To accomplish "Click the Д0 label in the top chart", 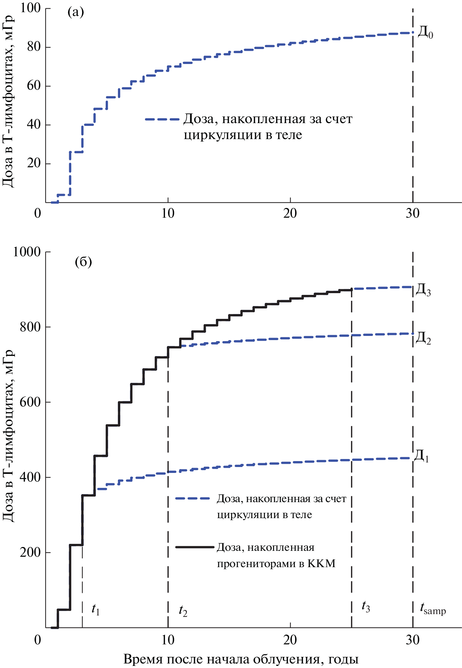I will point(425,33).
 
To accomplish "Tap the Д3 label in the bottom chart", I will point(423,290).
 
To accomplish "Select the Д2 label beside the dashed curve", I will point(423,338).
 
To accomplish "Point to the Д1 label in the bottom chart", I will point(421,456).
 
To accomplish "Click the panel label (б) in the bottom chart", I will point(83,262).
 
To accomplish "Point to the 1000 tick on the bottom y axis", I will point(27,252).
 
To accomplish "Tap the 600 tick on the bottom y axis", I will point(30,402).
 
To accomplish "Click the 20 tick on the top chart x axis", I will point(290,213).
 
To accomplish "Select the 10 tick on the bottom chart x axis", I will point(168,640).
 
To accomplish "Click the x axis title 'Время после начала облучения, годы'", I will point(241,659).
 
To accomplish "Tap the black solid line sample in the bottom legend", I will point(194,547).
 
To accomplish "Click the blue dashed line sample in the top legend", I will point(162,119).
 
